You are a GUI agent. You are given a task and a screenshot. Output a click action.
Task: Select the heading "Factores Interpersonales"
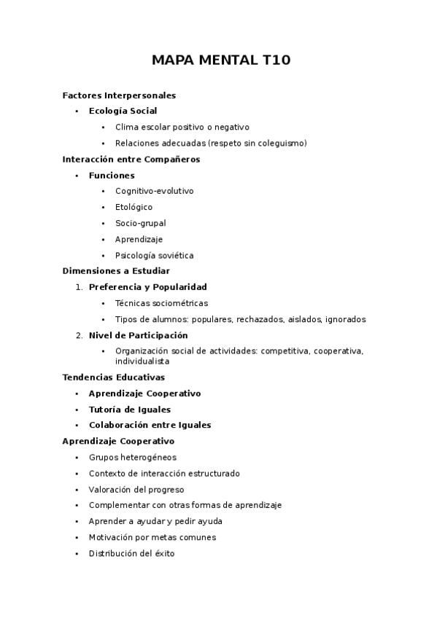[119, 95]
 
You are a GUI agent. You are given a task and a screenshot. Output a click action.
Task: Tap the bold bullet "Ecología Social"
[123, 112]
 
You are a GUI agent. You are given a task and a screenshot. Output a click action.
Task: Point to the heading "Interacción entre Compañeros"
[131, 160]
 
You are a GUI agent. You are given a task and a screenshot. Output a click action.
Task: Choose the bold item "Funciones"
[112, 176]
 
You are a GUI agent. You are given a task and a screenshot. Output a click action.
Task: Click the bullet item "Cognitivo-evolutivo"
[154, 192]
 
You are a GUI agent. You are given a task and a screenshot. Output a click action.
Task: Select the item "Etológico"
[134, 208]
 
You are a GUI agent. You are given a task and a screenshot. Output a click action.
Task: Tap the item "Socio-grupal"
[140, 224]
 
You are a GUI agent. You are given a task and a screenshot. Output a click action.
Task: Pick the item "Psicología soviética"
[154, 256]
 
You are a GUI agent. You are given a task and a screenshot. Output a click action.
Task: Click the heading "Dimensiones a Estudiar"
[116, 271]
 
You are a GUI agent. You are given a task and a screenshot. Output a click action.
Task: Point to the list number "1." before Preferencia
[79, 287]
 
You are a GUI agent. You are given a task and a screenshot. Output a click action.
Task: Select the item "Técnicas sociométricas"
[161, 303]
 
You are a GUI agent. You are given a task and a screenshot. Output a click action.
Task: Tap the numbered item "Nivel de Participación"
[138, 335]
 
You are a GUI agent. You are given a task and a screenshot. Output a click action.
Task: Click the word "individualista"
[142, 361]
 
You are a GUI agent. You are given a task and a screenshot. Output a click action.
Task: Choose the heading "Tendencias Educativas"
[114, 378]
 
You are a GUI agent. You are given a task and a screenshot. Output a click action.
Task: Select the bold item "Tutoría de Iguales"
[130, 410]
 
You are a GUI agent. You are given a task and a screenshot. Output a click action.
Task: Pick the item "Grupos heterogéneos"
[132, 458]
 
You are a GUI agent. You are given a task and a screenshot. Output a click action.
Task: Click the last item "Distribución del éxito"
[131, 554]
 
